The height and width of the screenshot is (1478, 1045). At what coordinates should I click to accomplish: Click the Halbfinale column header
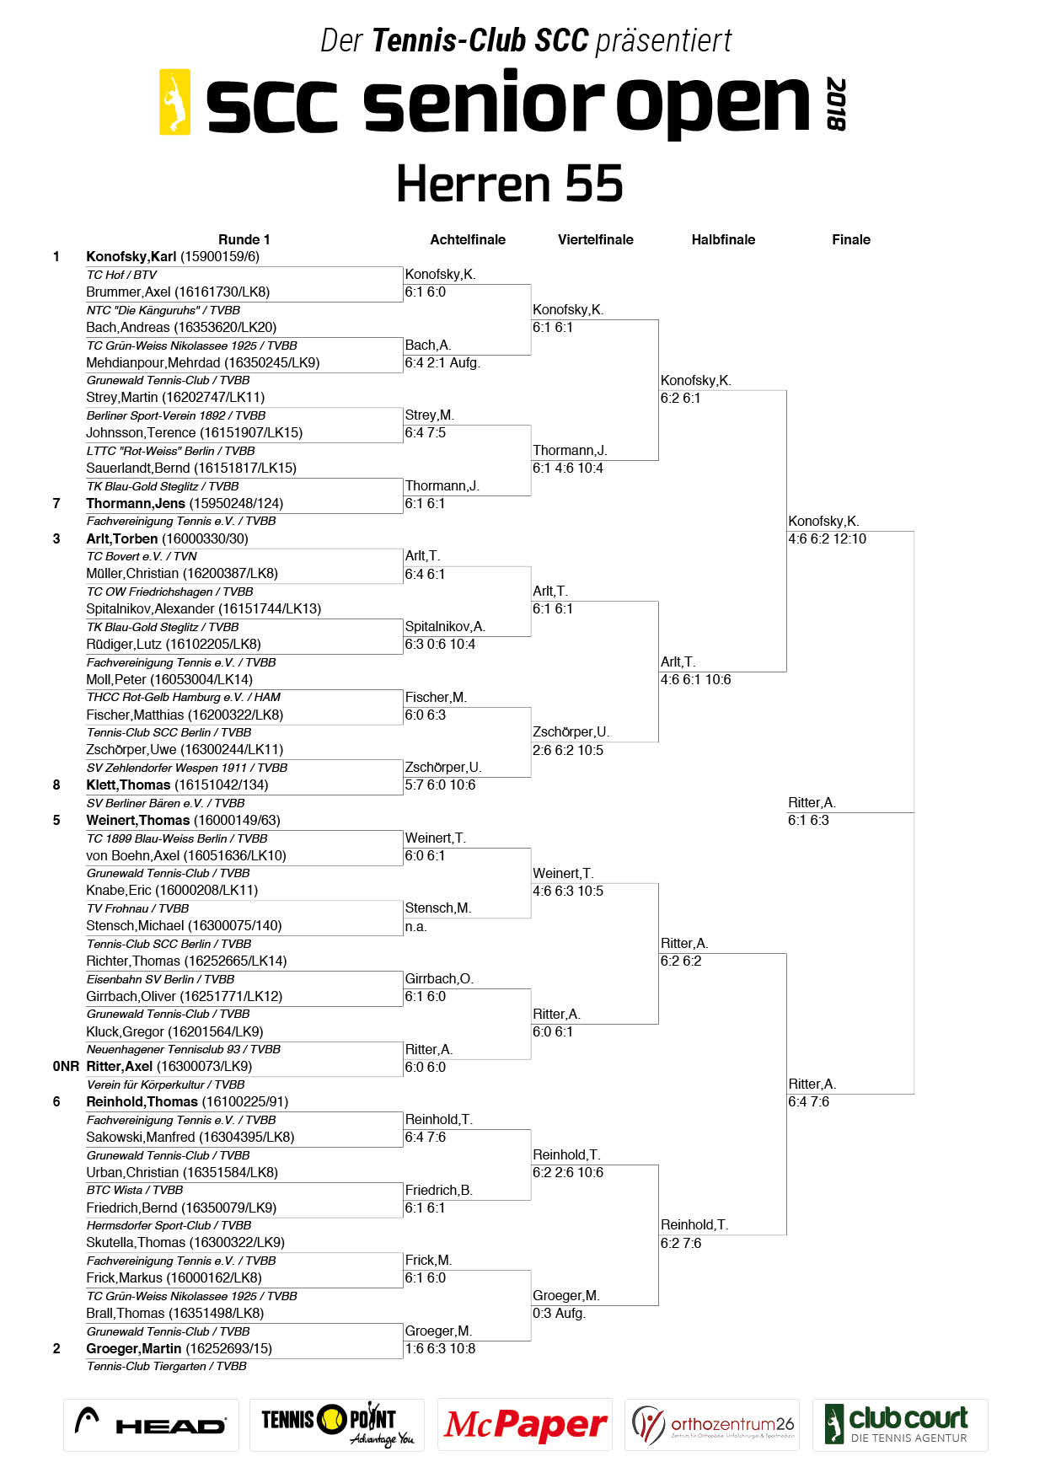723,239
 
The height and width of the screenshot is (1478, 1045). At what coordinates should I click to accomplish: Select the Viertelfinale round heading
595,239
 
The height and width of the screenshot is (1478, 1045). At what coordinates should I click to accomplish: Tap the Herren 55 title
510,184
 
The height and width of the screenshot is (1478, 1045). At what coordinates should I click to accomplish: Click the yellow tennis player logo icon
175,102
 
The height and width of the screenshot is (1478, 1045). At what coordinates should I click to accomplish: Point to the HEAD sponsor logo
151,1425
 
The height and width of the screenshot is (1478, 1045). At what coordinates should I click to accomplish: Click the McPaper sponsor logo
525,1425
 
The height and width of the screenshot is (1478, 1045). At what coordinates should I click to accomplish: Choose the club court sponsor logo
899,1425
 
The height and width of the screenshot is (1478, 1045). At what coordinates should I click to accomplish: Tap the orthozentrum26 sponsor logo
712,1425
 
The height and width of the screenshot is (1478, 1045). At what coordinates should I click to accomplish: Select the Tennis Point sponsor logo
337,1425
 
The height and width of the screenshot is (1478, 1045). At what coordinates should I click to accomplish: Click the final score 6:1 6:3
808,820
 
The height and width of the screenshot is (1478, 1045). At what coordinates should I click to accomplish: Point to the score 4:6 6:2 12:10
827,538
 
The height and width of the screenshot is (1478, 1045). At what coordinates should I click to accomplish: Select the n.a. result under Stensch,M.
415,926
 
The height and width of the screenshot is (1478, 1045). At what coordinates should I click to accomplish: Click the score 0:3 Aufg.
559,1313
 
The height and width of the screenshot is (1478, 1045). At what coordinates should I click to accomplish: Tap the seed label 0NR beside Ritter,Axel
66,1066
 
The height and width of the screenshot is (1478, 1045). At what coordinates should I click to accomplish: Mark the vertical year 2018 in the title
835,104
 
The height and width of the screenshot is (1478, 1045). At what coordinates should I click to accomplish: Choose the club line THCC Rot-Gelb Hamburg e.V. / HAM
184,697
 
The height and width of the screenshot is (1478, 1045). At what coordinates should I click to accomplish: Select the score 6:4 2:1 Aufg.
442,362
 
